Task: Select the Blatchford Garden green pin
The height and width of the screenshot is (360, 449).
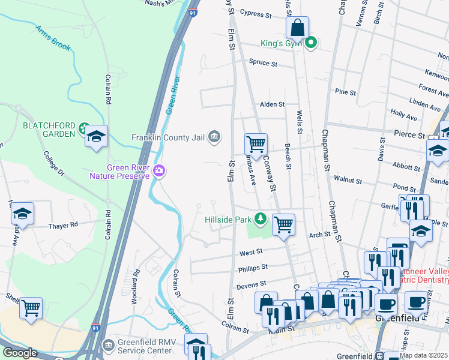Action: coord(82,129)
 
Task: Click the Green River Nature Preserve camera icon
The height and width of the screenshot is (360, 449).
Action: coord(159,171)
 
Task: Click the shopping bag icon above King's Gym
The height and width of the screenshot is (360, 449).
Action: coord(297,28)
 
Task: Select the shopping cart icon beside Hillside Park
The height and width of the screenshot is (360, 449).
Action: coord(283,225)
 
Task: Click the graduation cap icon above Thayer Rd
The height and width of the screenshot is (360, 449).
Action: coord(22,214)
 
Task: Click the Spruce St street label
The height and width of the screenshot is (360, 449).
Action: coord(262,62)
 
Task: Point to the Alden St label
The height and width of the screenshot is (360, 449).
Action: coord(272,104)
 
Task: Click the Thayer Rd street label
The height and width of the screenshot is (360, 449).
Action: coord(63,225)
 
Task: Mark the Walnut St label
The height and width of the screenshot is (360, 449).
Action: coord(348,180)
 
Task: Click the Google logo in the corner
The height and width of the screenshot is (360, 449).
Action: coord(20,353)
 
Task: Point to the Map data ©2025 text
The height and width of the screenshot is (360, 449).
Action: coord(423,355)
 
